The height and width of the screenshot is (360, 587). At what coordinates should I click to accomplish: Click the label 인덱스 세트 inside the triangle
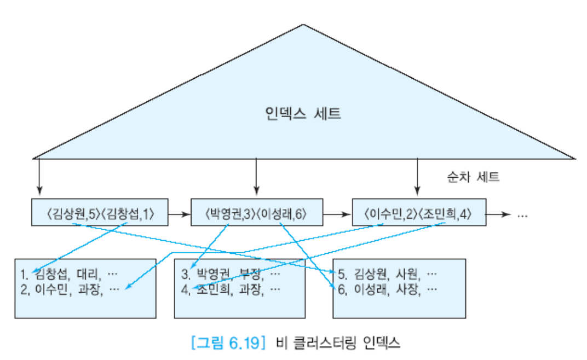pos(302,114)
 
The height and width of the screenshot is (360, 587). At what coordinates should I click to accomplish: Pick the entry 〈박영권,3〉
pos(228,214)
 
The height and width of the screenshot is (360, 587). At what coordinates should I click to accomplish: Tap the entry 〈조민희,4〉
pos(446,214)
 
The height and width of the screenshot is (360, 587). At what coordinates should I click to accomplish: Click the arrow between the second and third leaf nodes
pos(337,214)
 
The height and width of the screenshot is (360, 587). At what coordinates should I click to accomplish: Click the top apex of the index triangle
pos(303,25)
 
